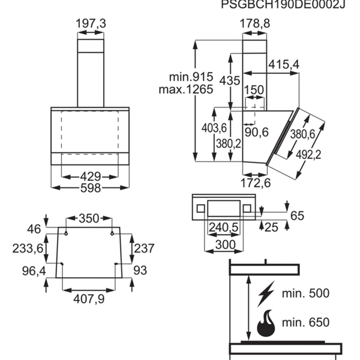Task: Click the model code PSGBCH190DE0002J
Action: point(285,5)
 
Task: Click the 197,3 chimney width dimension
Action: point(91,23)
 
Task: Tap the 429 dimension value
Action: point(91,177)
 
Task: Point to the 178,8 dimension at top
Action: point(254,23)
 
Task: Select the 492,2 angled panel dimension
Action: point(310,155)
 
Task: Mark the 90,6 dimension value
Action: point(256,133)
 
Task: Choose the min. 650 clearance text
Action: point(306,323)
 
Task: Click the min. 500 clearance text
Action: point(306,293)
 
